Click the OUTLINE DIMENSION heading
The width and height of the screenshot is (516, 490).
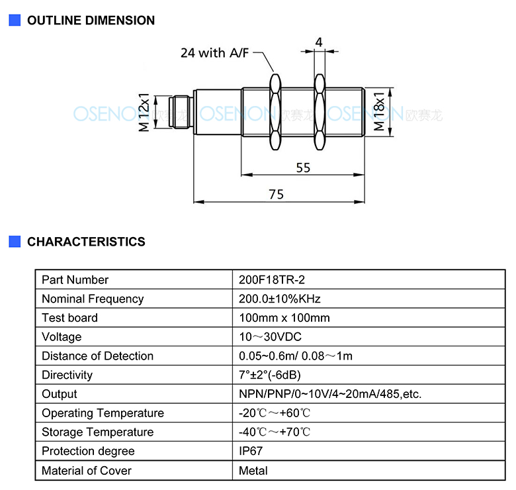coord(91,21)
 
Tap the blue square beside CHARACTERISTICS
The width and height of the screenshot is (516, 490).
coord(15,242)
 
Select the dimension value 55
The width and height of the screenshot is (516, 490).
coord(303,168)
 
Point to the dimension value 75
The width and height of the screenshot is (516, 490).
coord(276,194)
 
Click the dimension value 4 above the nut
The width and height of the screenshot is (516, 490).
coord(319,42)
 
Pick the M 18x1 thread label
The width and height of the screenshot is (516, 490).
coord(379,112)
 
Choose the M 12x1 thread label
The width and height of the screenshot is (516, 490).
coord(144,113)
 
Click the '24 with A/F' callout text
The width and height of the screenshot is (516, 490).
coord(214,53)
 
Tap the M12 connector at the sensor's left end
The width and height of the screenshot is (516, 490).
coord(180,112)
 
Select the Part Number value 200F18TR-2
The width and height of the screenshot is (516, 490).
coord(272,280)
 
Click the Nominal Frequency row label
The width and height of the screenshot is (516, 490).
coord(93,299)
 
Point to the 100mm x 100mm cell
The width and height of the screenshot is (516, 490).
coord(284,318)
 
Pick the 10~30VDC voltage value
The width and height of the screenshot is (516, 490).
coord(270,337)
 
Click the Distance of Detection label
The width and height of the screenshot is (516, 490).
coord(98,356)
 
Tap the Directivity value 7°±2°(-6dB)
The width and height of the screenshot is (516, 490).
coord(270,375)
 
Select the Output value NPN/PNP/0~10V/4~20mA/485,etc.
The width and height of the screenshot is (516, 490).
coord(330,394)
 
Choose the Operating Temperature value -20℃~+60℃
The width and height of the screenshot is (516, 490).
coord(275,413)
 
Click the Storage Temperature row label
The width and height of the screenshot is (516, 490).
coord(98,432)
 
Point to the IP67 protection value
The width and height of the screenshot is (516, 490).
coord(251,451)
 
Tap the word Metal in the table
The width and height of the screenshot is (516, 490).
coord(253,471)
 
